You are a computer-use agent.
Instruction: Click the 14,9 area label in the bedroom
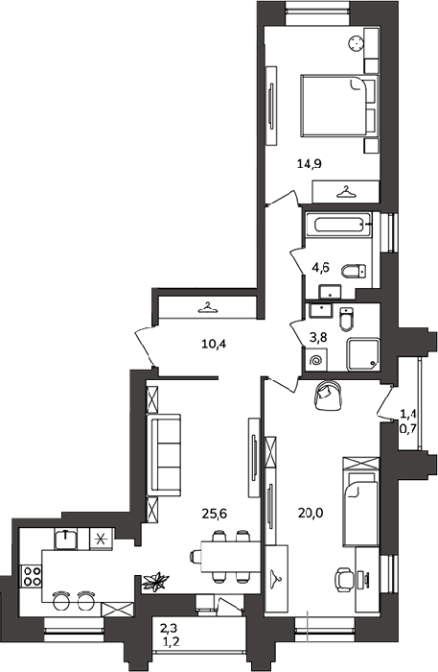tap(310, 164)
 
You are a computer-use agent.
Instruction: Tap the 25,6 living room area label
tap(214, 513)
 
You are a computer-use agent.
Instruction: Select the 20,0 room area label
tap(311, 512)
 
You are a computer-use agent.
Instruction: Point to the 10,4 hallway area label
tap(214, 344)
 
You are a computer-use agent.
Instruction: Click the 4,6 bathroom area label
tap(321, 268)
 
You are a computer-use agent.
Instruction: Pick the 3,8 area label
tap(318, 338)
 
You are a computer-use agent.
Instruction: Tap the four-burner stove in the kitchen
tap(32, 576)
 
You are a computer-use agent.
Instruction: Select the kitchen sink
tap(65, 539)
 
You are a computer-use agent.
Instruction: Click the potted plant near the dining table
tap(155, 582)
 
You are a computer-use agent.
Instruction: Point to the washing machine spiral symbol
tap(316, 360)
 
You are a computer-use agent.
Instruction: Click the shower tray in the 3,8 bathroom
tap(363, 354)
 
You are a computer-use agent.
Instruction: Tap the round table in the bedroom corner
tap(357, 43)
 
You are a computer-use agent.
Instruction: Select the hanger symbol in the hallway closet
tap(207, 307)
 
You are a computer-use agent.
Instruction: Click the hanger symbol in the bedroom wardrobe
tap(346, 191)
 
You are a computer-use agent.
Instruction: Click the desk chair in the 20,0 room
tap(343, 580)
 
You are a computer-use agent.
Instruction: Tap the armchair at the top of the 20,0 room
tap(328, 396)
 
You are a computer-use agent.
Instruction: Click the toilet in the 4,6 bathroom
tap(355, 271)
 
